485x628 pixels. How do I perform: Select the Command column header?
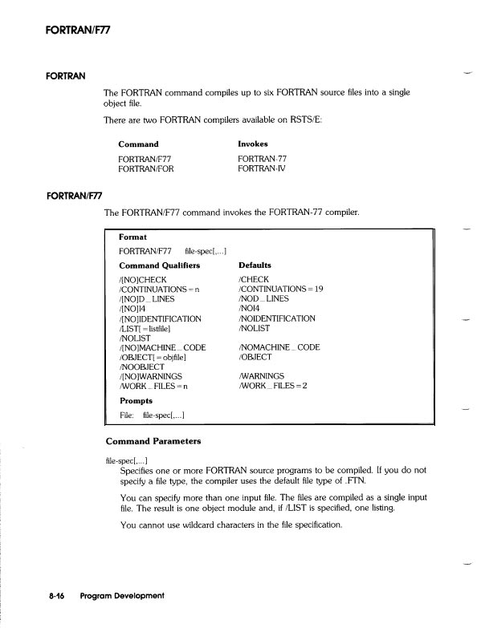138,144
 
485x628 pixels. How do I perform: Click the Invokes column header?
253,144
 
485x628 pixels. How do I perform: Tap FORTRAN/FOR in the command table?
145,169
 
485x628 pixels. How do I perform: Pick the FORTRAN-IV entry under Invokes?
262,169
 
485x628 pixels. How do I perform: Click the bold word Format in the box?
132,237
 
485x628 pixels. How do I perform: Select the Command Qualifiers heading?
159,265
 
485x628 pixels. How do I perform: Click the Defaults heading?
255,265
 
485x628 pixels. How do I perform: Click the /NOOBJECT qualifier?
142,367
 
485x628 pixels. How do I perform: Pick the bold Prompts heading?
136,400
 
